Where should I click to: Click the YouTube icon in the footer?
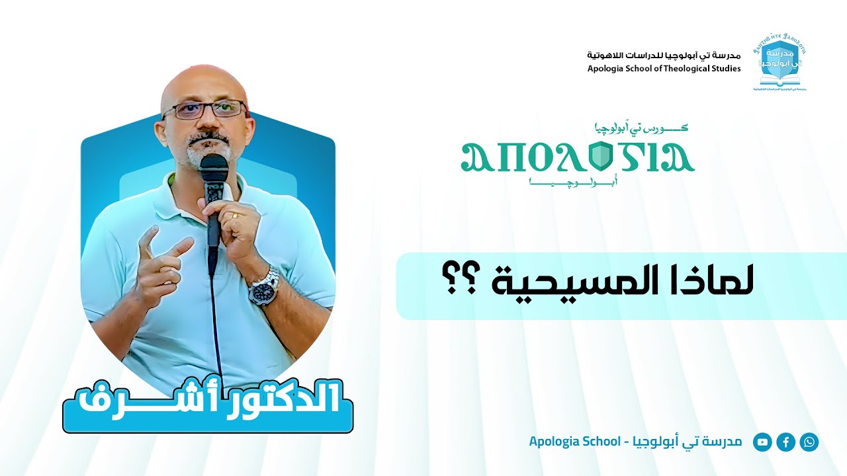click(x=763, y=442)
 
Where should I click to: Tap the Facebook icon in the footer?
click(x=785, y=442)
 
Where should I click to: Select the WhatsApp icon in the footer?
click(x=809, y=442)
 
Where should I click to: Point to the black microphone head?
click(x=214, y=168)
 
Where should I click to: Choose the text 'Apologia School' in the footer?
click(x=572, y=441)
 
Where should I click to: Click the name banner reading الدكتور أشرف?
click(x=208, y=401)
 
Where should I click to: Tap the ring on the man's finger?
click(x=235, y=214)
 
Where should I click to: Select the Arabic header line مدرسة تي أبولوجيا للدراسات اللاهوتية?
click(x=664, y=55)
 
